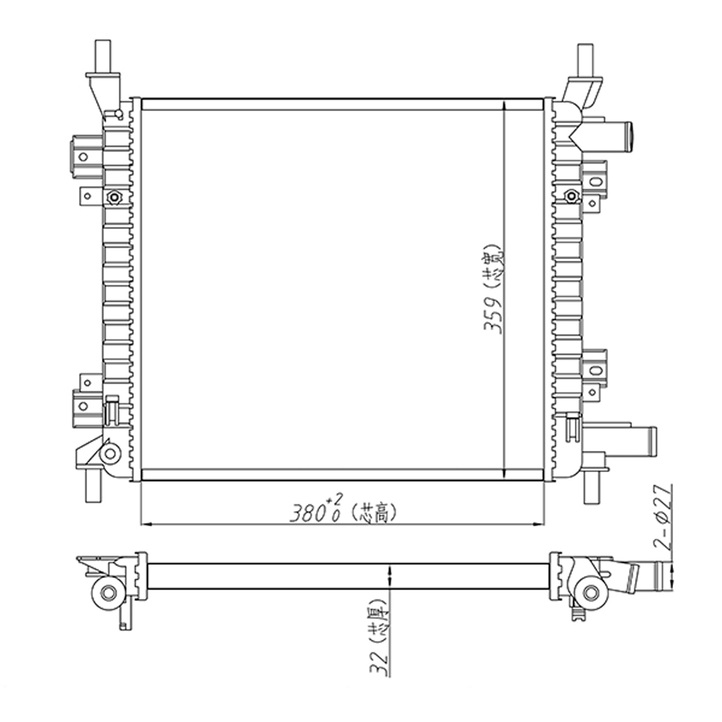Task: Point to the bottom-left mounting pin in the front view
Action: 94,486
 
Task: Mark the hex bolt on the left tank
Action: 113,197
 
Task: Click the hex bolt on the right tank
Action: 571,196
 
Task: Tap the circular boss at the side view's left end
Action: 108,593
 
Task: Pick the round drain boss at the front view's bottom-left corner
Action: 110,453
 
